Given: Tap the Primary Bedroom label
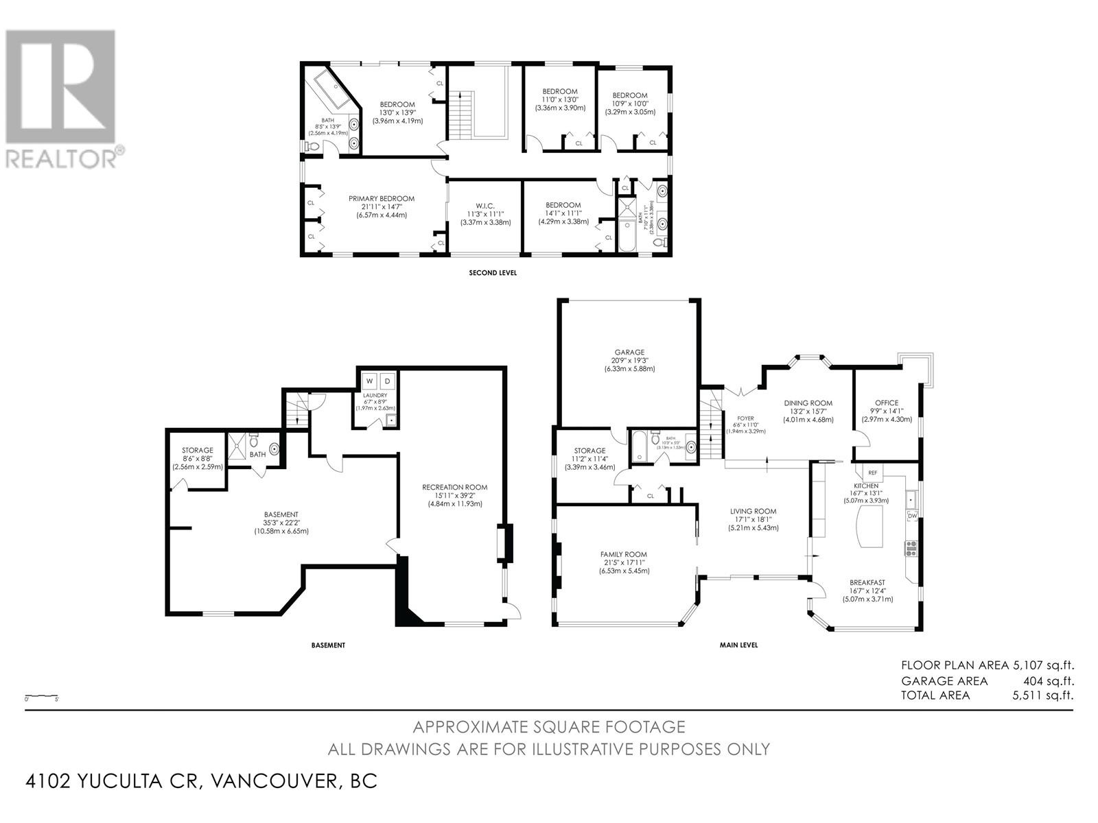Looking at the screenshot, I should [382, 199].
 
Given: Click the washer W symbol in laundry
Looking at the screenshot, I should [369, 381].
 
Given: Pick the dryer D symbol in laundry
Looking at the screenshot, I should [387, 381].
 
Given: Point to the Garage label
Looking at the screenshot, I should [629, 353].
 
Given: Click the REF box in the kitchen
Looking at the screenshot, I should [873, 473].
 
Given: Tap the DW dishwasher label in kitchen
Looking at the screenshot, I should [912, 516].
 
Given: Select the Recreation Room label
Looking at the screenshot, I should [454, 487].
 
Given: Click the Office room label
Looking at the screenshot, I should [886, 403].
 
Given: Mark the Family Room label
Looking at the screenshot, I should [623, 554].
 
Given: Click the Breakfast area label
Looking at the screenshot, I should [867, 582].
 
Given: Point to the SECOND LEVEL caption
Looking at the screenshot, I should [492, 273].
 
